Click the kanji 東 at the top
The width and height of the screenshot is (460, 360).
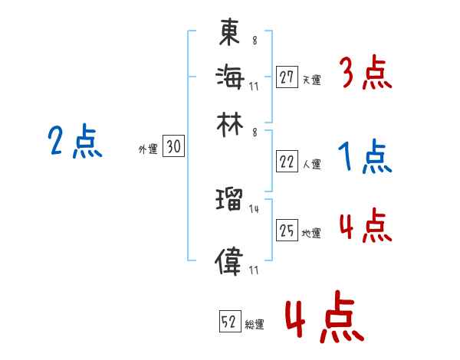pyautogui.click(x=229, y=33)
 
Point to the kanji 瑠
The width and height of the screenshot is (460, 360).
pyautogui.click(x=229, y=202)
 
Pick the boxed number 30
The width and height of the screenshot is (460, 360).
pyautogui.click(x=173, y=148)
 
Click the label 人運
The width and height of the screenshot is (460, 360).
pyautogui.click(x=311, y=164)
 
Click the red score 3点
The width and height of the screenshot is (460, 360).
pyautogui.click(x=365, y=74)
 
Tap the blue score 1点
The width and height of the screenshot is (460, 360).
pyautogui.click(x=365, y=157)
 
